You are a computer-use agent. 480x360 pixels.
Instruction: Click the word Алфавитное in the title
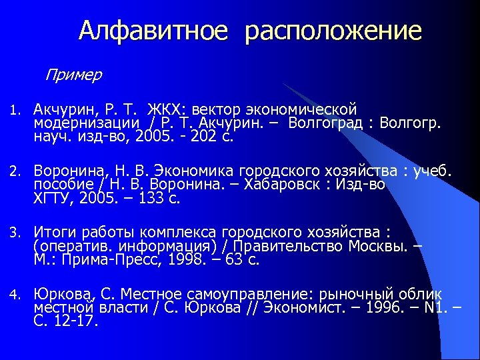(154, 31)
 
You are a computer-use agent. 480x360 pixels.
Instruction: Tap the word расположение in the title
(333, 32)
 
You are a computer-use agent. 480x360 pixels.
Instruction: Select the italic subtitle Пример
(73, 74)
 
